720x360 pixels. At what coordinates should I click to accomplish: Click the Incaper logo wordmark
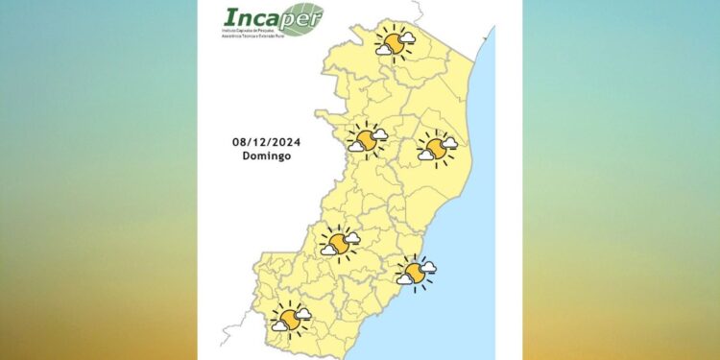tap(259, 18)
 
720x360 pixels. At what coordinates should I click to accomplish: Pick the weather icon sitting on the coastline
tap(416, 273)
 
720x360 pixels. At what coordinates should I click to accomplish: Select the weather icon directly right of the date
tap(367, 140)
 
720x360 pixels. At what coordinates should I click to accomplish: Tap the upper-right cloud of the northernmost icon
tap(407, 37)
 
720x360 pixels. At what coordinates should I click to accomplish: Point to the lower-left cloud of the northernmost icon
tap(383, 50)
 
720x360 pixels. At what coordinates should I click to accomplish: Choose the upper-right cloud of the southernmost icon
tap(303, 313)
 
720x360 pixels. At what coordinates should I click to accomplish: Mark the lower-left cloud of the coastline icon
tap(405, 279)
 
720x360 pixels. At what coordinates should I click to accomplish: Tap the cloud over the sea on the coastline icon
tap(428, 267)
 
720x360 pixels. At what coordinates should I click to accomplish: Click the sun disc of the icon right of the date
tap(366, 140)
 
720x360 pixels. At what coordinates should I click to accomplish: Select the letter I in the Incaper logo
tap(228, 17)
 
